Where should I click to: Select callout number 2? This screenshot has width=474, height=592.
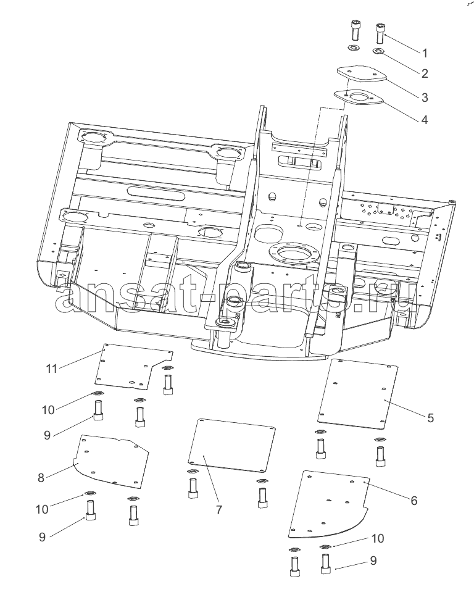[425, 74]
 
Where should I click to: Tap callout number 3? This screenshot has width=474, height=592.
[425, 97]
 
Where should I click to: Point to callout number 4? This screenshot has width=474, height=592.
[425, 120]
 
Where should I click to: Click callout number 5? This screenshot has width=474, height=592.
[430, 417]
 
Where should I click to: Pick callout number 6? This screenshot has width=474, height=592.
[414, 500]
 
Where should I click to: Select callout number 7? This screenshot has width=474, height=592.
[219, 510]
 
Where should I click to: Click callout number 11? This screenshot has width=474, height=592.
[52, 369]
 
